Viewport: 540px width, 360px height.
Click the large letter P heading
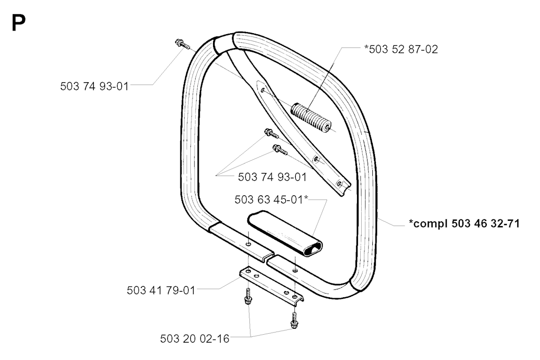(18, 23)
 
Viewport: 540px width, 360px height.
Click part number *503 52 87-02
(401, 49)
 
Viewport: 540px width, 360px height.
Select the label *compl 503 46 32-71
(464, 223)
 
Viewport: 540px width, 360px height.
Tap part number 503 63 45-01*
(271, 199)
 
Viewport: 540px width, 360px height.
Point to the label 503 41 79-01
(161, 290)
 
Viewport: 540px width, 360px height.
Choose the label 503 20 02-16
(195, 339)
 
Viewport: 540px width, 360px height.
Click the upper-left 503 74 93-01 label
(94, 86)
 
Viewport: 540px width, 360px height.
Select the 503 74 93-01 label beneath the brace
(272, 177)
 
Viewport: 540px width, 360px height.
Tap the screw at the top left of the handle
(182, 44)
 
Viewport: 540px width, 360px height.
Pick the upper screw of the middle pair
(272, 133)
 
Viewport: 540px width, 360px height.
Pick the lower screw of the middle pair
(279, 150)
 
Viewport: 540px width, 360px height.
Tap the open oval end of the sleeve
(313, 247)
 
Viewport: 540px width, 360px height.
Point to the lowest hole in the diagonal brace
(340, 184)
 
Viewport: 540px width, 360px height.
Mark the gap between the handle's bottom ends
(271, 257)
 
